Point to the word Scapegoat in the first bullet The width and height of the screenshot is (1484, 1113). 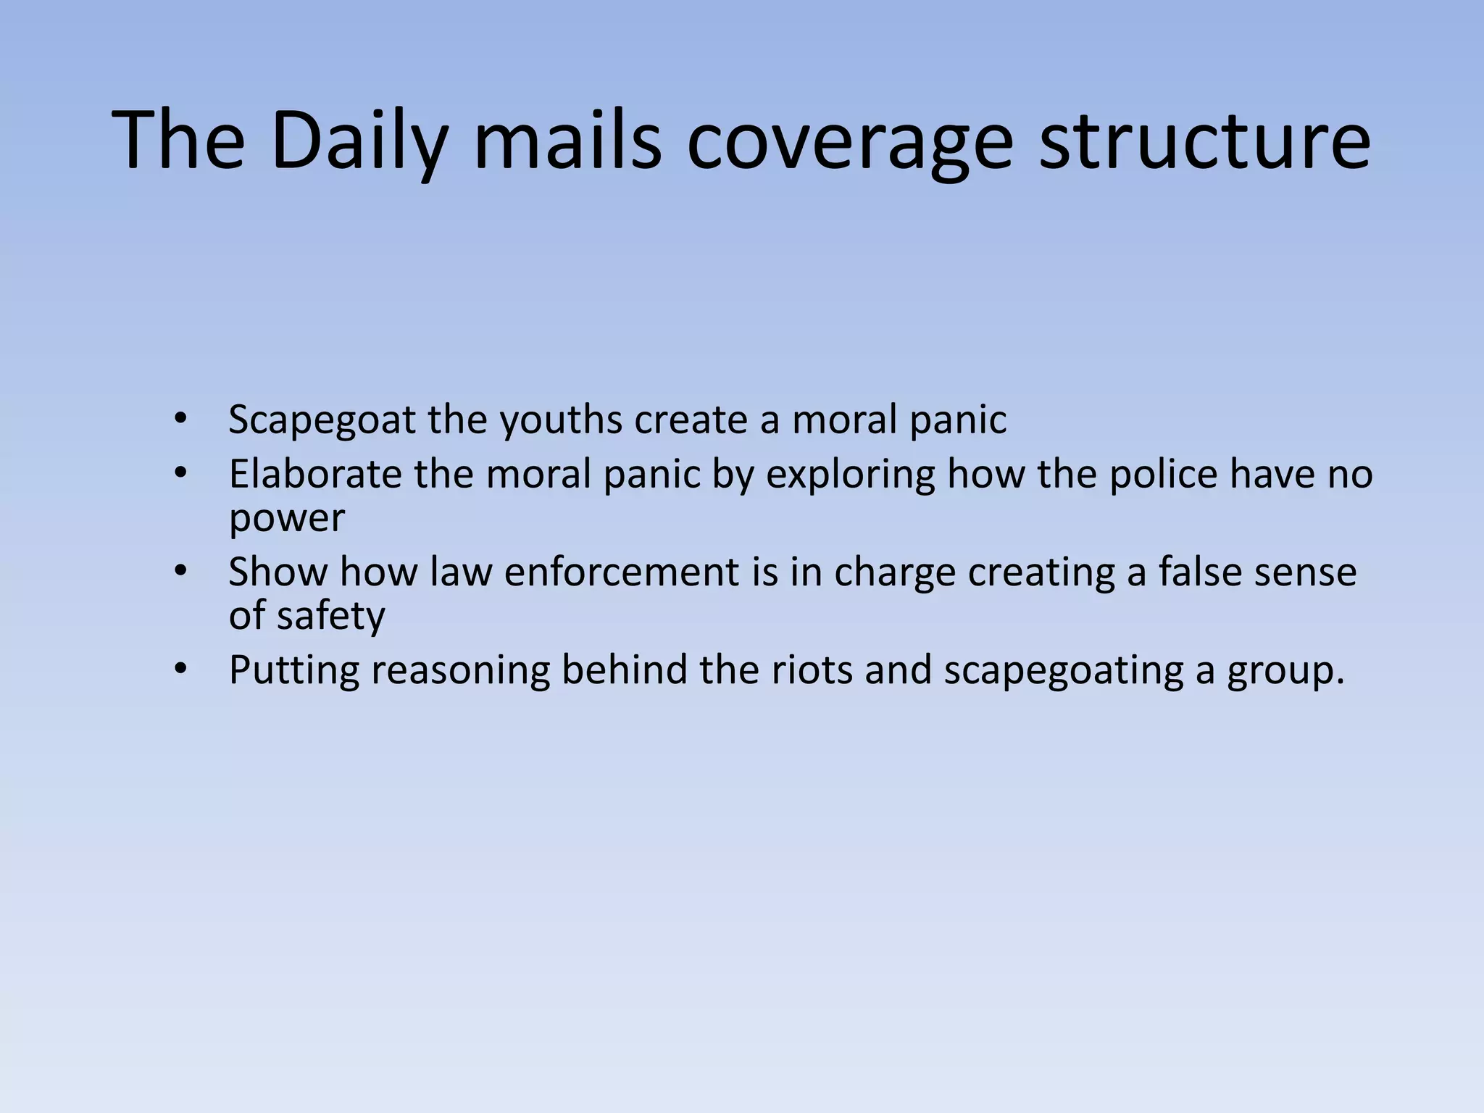tap(322, 420)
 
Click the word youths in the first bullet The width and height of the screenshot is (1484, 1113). tap(560, 420)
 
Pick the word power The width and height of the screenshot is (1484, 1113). tap(287, 519)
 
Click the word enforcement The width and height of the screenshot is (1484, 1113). tap(621, 572)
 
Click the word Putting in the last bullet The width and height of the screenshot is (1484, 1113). tap(294, 670)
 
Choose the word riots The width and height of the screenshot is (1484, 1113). tap(812, 670)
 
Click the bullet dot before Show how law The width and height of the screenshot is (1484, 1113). tap(180, 571)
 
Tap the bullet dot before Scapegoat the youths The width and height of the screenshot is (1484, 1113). tap(180, 419)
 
